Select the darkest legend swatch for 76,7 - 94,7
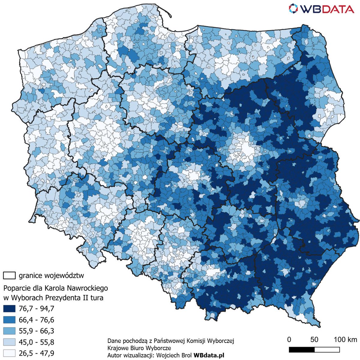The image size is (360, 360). point(9,308)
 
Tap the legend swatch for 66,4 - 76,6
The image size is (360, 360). point(9,320)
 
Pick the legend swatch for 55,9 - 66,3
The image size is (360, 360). point(9,331)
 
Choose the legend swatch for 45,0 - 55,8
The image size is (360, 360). point(9,342)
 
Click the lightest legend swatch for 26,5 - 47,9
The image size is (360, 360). point(9,353)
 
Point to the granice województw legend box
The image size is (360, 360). point(9,275)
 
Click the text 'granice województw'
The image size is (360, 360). point(52,275)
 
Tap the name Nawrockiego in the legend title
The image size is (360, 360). point(87,288)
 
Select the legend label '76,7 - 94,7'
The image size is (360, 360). point(36,308)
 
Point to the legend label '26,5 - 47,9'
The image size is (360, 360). point(36,353)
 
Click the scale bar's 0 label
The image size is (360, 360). point(289,340)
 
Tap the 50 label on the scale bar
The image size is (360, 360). point(314,340)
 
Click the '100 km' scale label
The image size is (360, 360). point(345,340)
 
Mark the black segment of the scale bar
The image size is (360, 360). point(301,350)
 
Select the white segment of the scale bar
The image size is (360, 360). point(327,350)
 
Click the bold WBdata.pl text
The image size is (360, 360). point(209,355)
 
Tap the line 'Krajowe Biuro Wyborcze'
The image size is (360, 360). point(139,348)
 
